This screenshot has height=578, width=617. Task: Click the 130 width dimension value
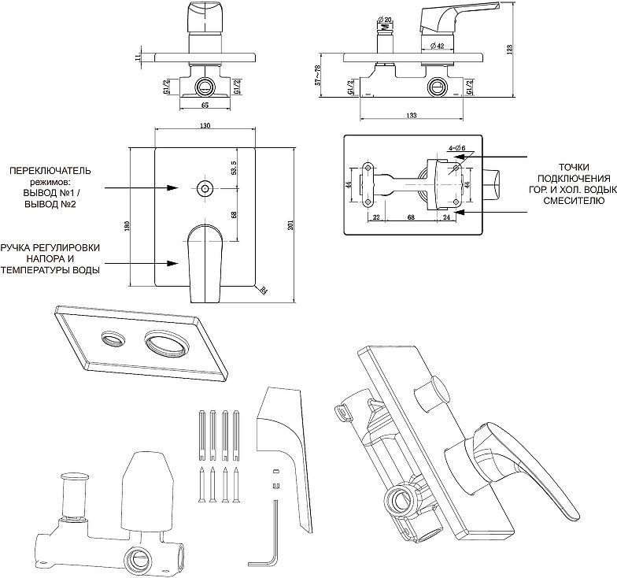205,126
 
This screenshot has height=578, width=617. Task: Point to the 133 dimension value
412,116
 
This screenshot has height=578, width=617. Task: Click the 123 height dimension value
510,49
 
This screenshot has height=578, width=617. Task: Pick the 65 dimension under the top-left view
205,103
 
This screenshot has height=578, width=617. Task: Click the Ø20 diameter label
386,20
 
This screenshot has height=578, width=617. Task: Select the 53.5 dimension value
234,168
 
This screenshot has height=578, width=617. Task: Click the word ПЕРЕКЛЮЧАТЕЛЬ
50,169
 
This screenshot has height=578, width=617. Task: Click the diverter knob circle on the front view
205,187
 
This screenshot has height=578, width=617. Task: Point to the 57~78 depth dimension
319,76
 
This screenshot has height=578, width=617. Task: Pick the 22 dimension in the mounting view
376,217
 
